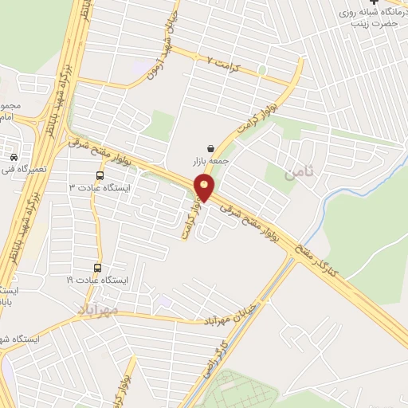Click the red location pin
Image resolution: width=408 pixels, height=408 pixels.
(x=205, y=189)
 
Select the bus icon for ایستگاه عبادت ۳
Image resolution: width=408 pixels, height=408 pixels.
(x=100, y=175)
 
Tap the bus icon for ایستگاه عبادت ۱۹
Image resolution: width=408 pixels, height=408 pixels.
(x=98, y=268)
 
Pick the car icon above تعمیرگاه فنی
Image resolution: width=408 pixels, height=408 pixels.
(x=15, y=156)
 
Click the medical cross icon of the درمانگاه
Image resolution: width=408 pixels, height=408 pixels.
(x=375, y=3)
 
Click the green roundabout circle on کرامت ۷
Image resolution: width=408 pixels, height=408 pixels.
(x=261, y=70)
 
